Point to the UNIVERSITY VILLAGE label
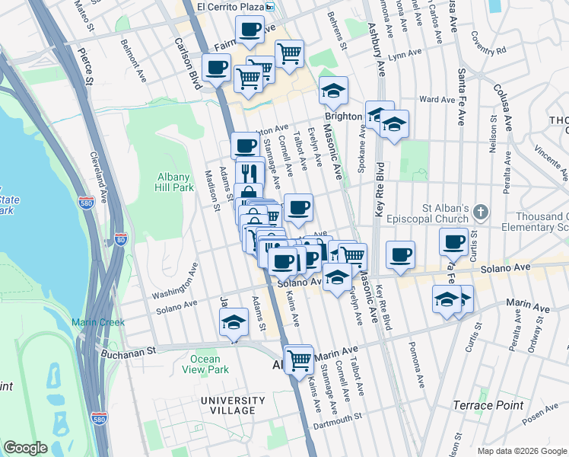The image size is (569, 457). click(x=228, y=405)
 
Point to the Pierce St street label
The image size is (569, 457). click(x=85, y=64)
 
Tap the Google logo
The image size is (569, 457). click(x=26, y=448)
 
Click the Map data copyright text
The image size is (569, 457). click(x=521, y=451)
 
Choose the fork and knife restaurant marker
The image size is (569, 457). click(x=250, y=171)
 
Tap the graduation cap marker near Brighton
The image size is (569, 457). click(x=333, y=91)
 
